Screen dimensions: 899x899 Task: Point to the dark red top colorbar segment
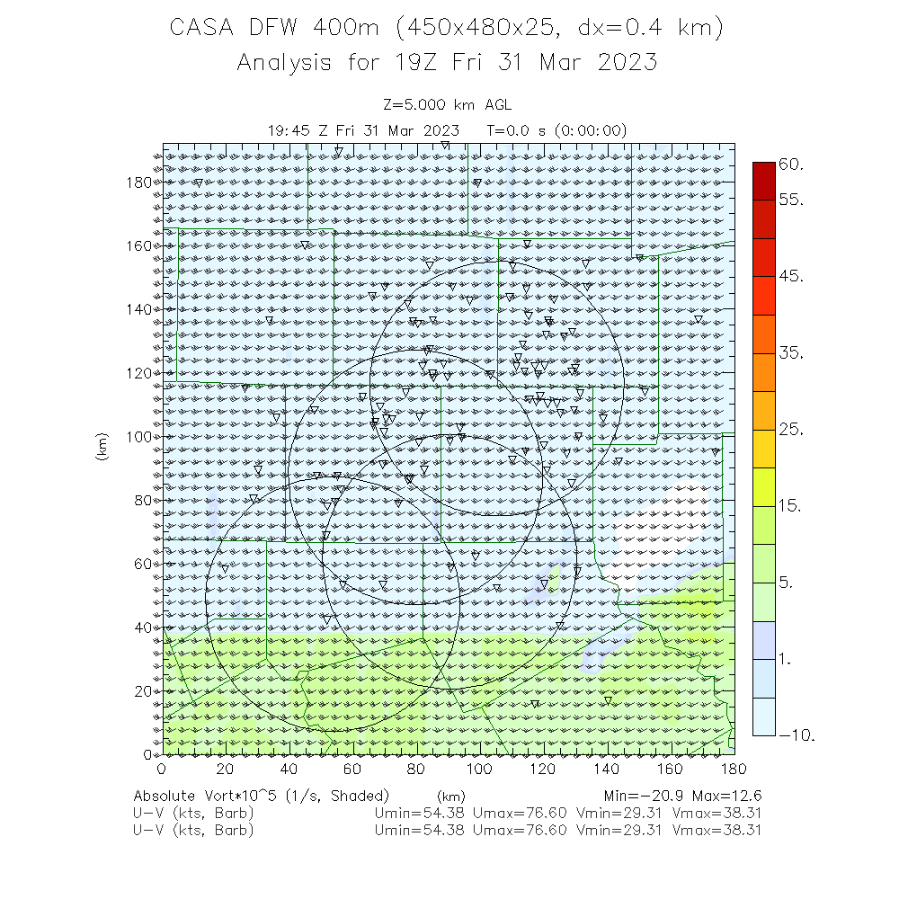point(763,180)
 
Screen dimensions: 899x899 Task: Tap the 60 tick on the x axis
point(352,769)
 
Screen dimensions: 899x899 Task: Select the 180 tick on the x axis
point(734,769)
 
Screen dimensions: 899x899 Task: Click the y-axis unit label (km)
point(102,449)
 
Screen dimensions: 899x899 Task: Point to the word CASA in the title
point(200,29)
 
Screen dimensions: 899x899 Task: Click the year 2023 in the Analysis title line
point(627,63)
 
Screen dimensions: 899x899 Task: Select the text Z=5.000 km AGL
point(447,106)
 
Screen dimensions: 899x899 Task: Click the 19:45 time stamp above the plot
point(289,130)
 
